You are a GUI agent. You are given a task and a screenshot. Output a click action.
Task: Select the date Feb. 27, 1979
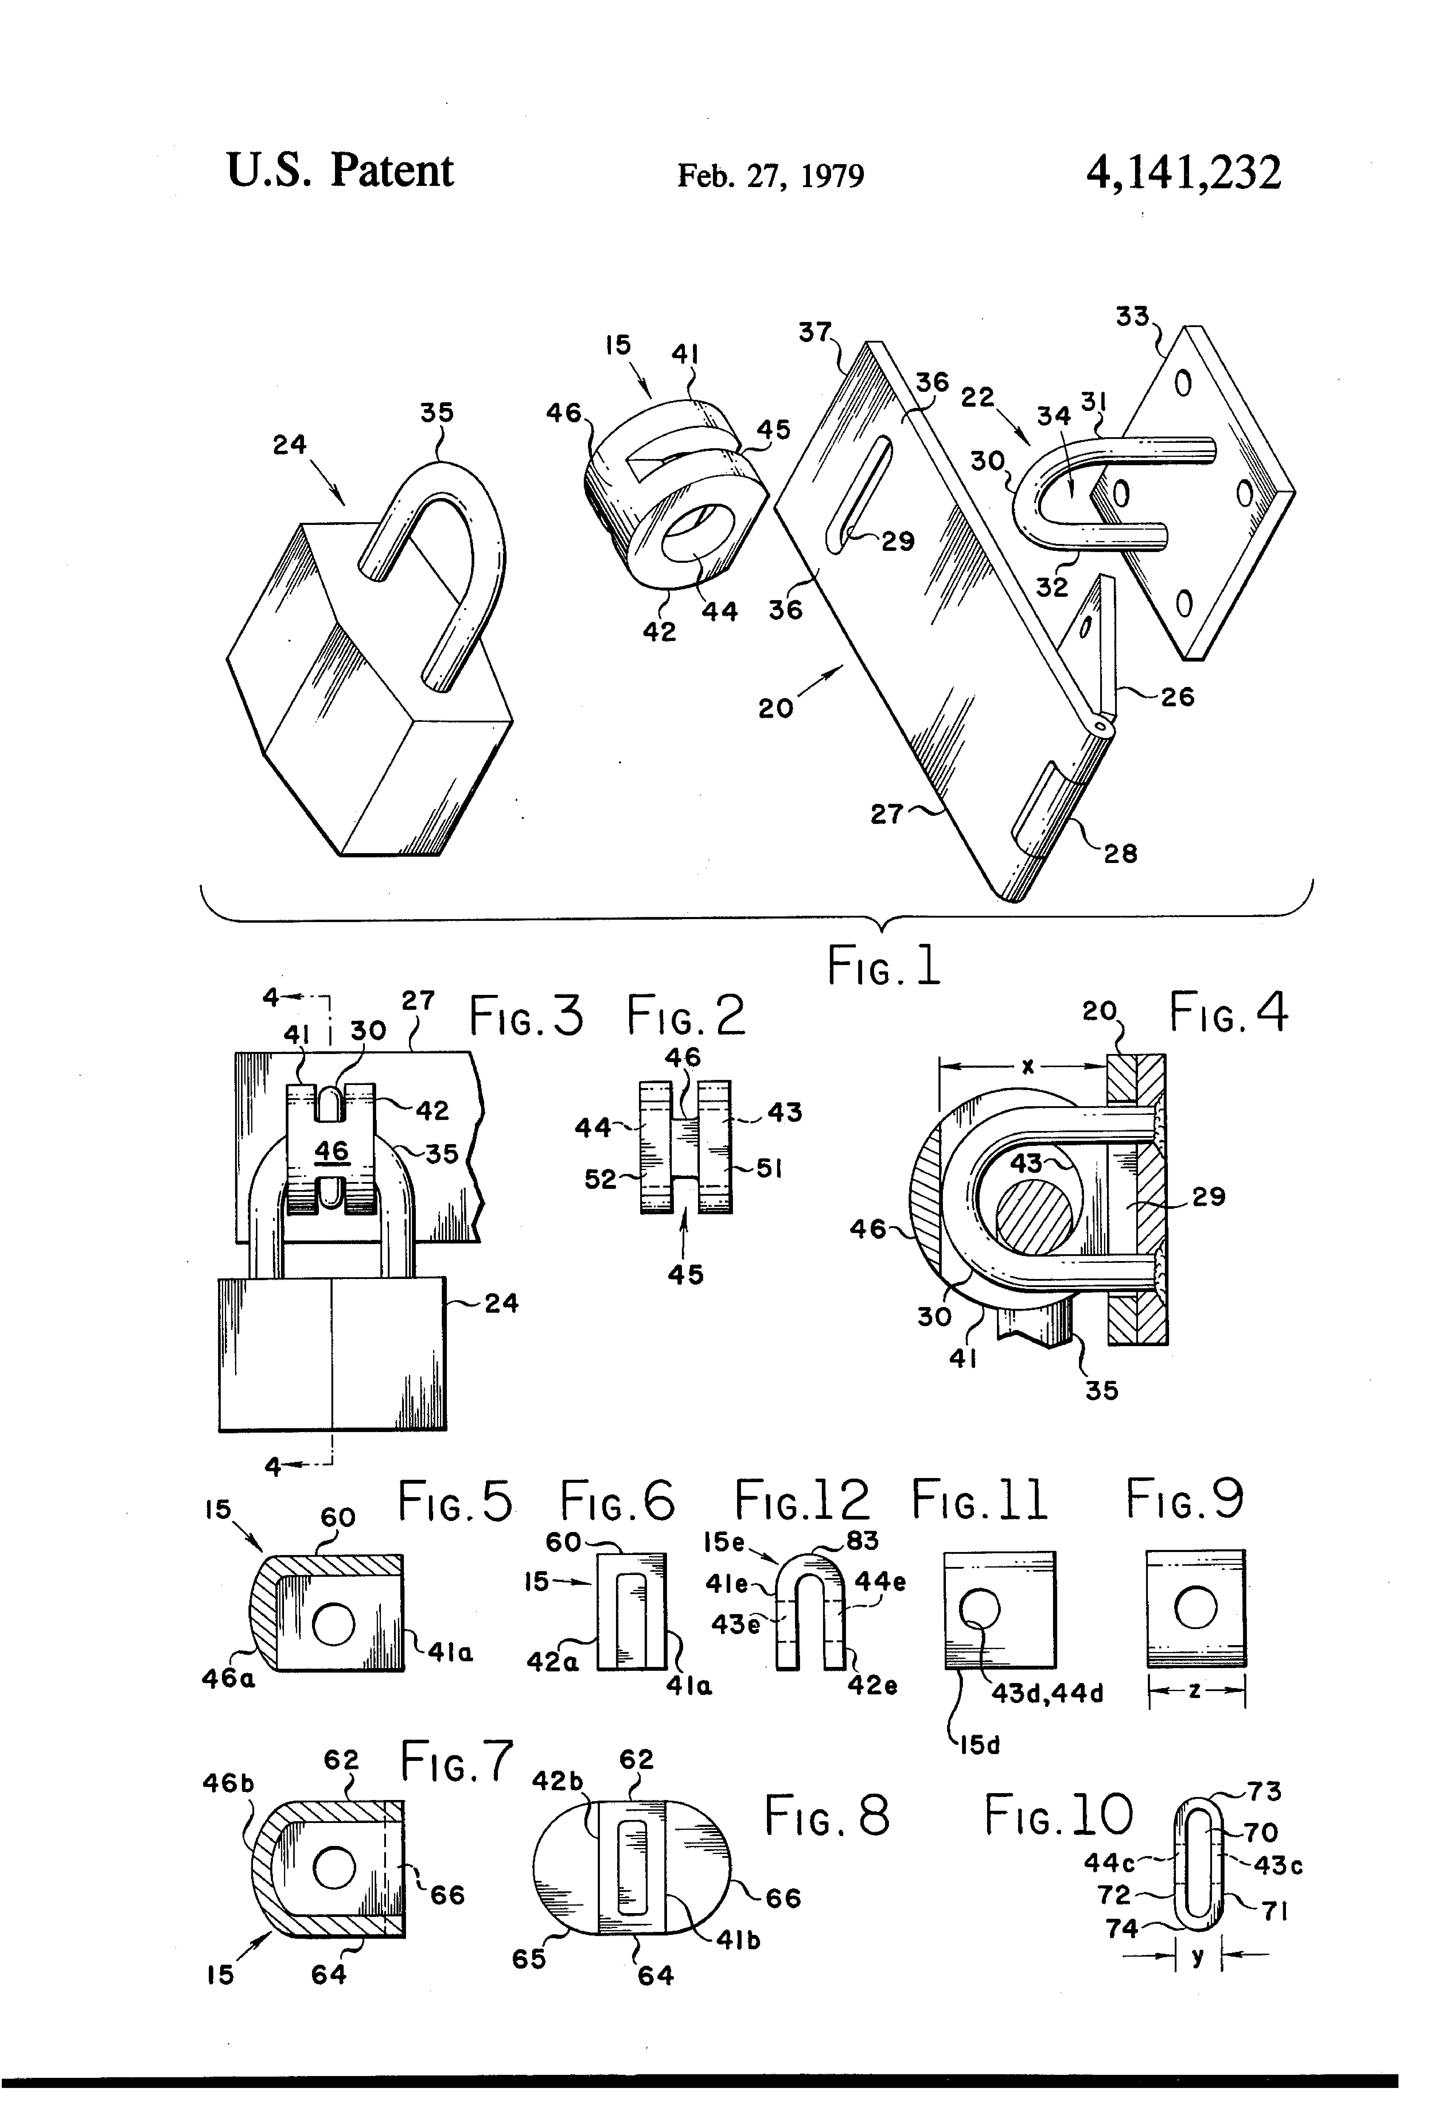pyautogui.click(x=770, y=175)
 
